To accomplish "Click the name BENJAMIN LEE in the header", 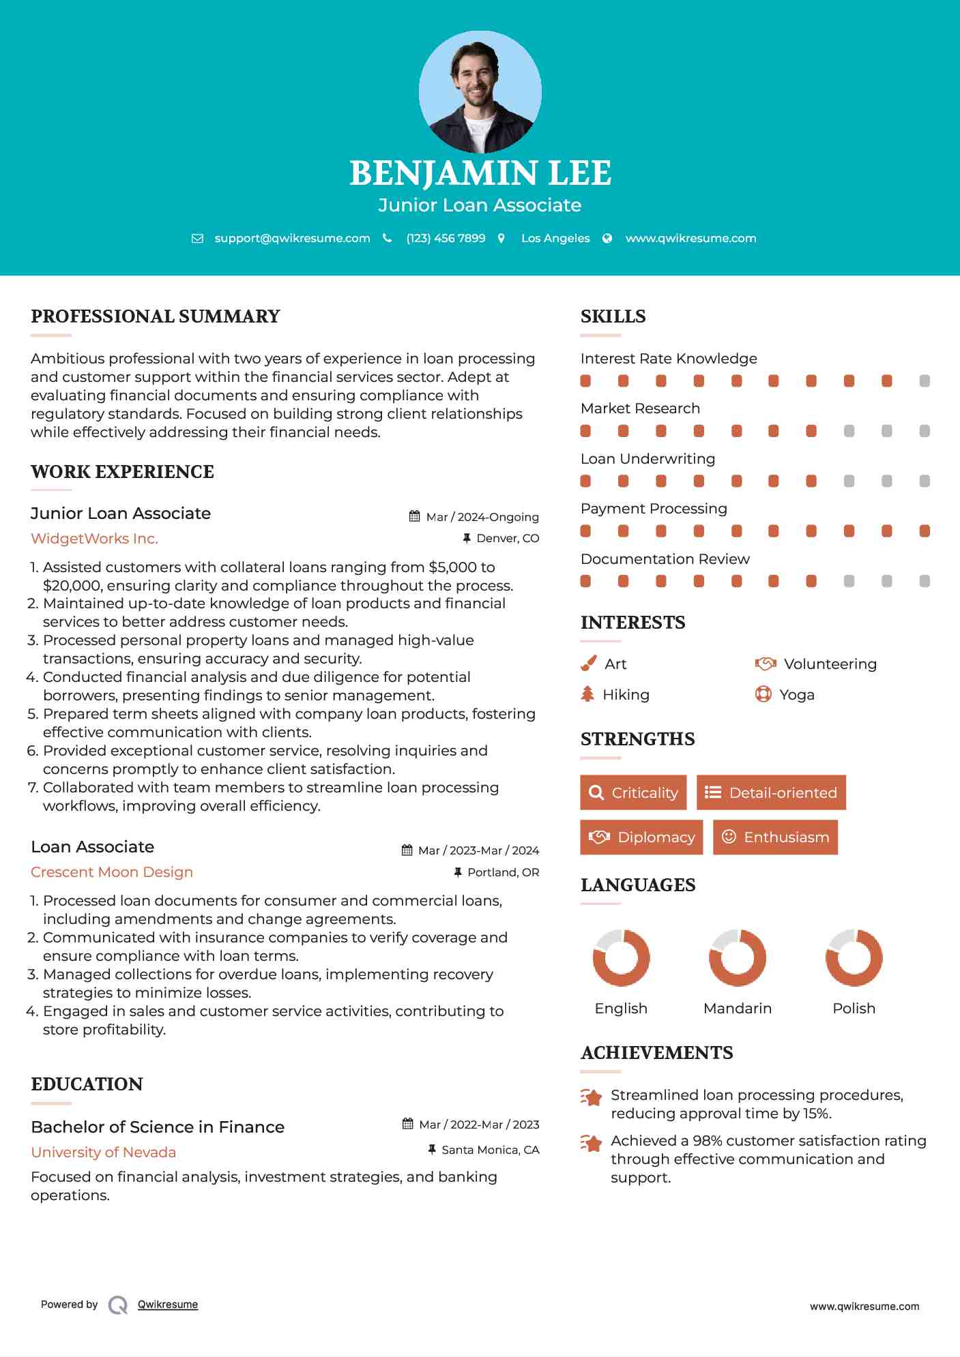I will click(480, 173).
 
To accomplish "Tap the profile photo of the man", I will click(480, 92).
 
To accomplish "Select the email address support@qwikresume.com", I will click(292, 239).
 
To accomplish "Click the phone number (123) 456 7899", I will click(446, 239).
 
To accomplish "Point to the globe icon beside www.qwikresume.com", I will click(607, 239).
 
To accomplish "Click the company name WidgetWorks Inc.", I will click(94, 539).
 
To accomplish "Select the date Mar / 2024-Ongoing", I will click(482, 517).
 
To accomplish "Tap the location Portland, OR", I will click(503, 872).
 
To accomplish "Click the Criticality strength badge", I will click(633, 792).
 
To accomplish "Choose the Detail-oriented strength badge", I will click(771, 792).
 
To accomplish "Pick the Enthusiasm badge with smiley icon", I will click(775, 837).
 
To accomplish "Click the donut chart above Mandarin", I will click(737, 957).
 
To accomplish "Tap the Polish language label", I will click(854, 1008).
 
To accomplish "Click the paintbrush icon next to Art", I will click(588, 663).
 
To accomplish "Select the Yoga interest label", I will click(797, 695).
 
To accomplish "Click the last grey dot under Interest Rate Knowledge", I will click(925, 381).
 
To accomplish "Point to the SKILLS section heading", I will click(613, 316).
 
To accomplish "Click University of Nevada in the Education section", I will click(103, 1152).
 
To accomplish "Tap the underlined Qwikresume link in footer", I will click(168, 1304).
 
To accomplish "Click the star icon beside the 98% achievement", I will click(591, 1143).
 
